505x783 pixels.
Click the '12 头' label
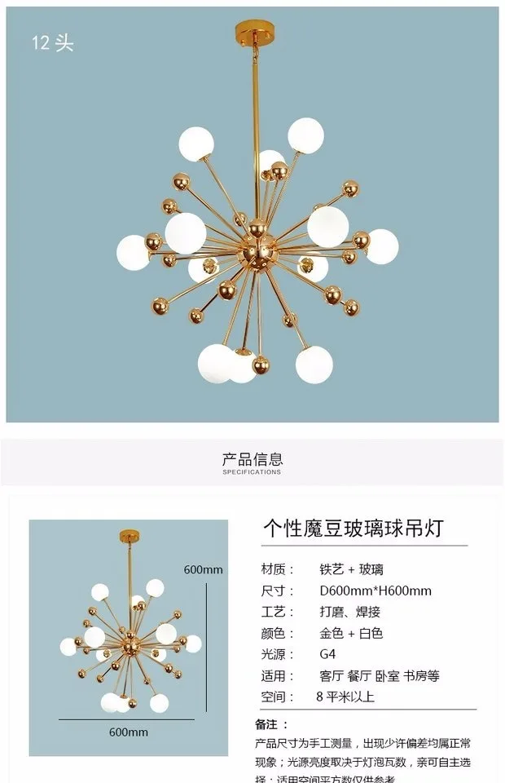coord(53,43)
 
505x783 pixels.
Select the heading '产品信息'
coord(253,458)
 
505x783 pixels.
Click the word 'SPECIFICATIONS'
coord(252,471)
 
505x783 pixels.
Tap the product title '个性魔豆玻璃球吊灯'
coord(353,527)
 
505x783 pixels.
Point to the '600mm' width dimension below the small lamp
coord(128,732)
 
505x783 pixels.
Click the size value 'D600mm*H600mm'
coord(375,591)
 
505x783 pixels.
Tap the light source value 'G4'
coord(327,654)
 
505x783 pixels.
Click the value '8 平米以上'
coord(345,697)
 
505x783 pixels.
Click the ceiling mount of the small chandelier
coord(129,536)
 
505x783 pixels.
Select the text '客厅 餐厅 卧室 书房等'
coord(380,675)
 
